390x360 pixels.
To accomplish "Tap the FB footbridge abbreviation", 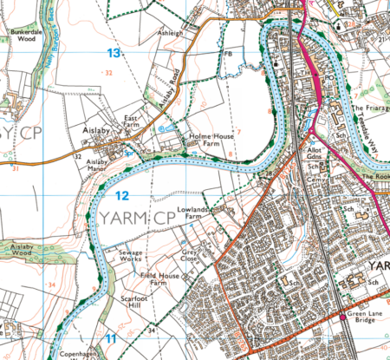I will pos(229,55).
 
